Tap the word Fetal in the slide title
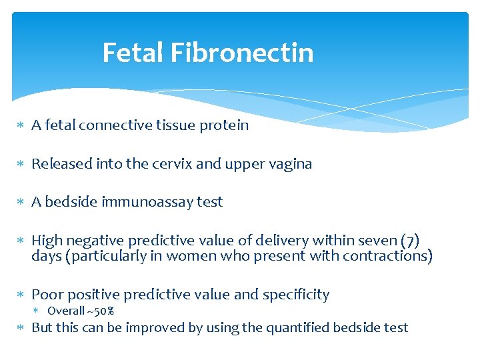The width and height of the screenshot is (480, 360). (133, 53)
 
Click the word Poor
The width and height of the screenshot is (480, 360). (47, 294)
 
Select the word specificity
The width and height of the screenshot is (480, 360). (299, 295)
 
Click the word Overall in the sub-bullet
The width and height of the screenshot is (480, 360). (65, 311)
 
